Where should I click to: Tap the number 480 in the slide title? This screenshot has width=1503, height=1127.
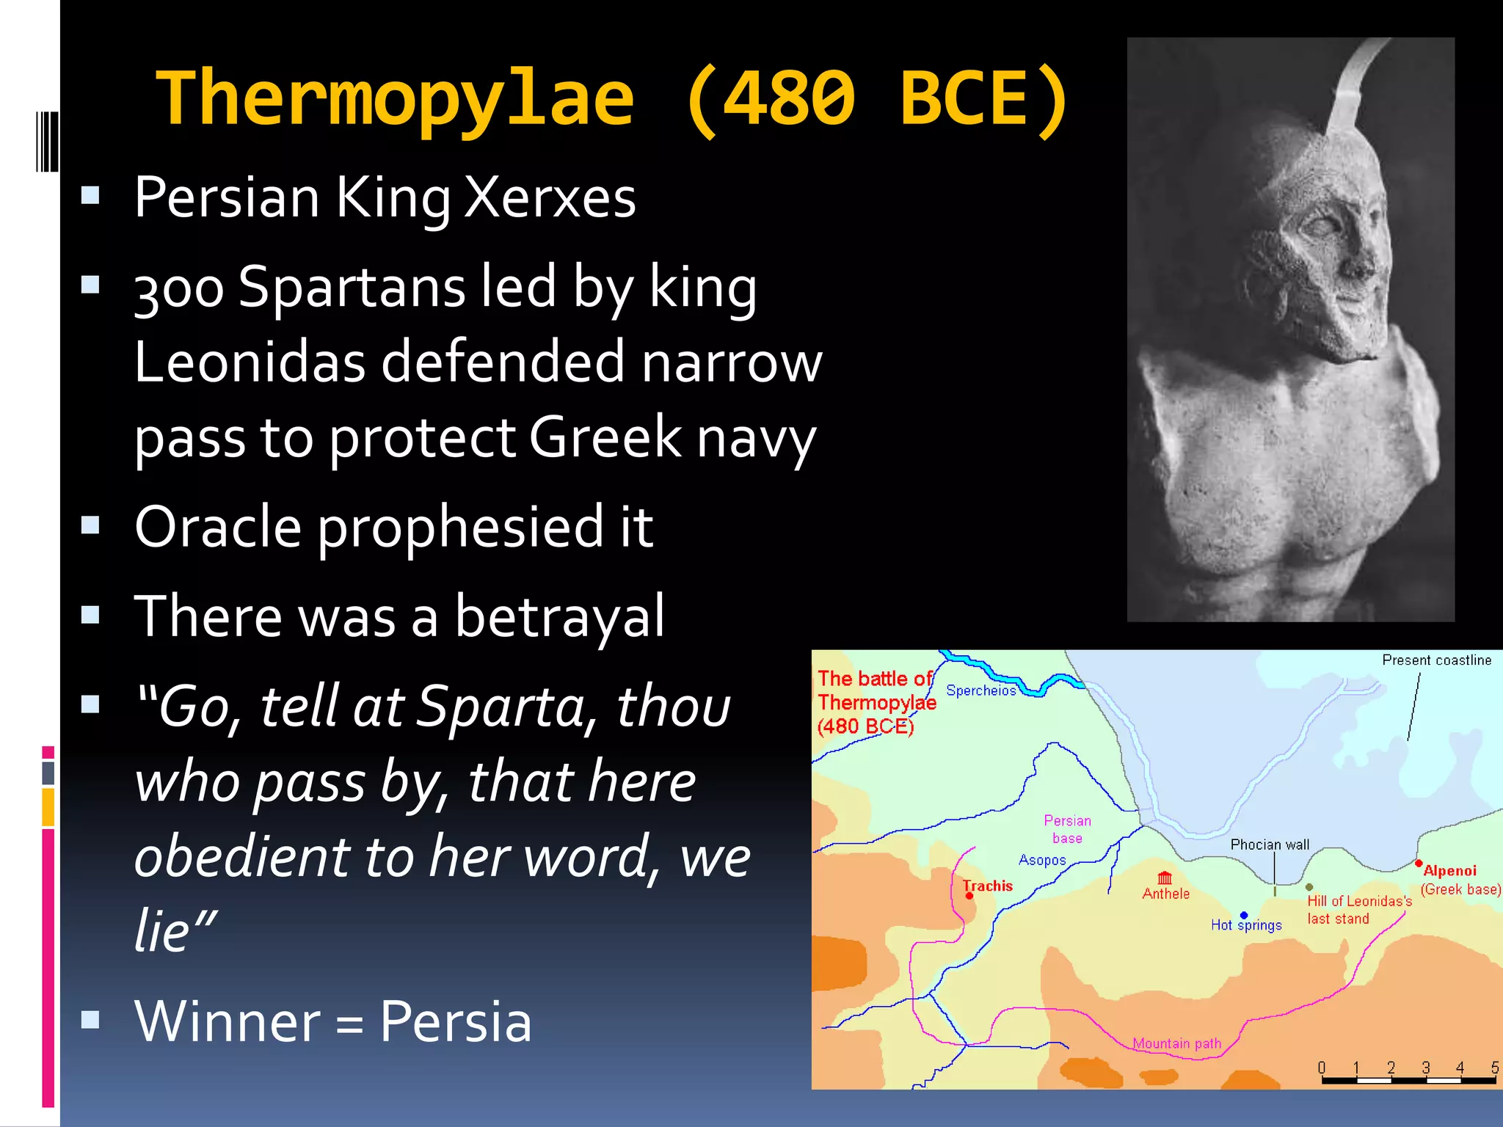790,98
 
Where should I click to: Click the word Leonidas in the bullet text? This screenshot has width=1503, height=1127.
250,362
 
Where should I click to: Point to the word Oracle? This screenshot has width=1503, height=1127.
218,527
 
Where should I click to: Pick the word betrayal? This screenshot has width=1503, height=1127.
559,616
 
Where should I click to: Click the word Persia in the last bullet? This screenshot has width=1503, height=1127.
455,1021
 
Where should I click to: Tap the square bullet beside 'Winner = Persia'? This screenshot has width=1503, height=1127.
90,1019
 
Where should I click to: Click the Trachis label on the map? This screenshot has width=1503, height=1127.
988,886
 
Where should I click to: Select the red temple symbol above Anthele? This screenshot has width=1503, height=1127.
1165,878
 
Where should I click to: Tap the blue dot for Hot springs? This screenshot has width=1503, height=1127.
1244,915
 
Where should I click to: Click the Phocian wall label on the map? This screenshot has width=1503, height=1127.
1270,845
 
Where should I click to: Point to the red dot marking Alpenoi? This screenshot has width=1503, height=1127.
1419,863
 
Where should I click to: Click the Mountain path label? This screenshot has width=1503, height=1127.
1176,1043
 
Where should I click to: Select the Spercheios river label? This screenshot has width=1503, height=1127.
980,690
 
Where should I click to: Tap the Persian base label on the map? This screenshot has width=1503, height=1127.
1067,829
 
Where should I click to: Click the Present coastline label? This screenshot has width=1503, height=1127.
1436,660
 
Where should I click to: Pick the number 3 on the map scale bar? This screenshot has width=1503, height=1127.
1425,1068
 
